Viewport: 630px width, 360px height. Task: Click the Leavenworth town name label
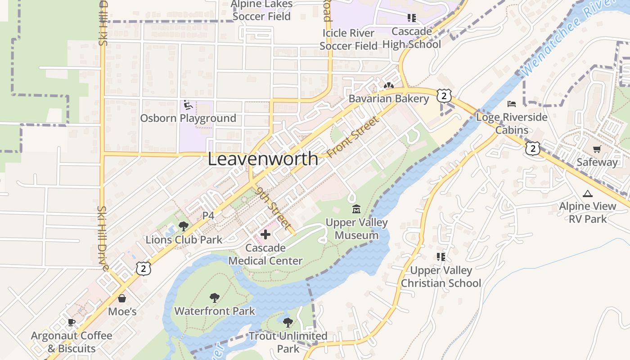(x=263, y=159)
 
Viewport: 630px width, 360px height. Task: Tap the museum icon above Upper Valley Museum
(x=356, y=209)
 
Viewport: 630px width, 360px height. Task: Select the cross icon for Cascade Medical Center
(x=265, y=234)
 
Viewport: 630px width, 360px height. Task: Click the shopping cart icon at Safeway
(x=597, y=149)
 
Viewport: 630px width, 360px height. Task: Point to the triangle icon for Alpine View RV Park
(x=587, y=193)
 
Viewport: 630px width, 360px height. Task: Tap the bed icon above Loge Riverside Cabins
(x=512, y=104)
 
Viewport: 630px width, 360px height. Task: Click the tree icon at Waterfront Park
(x=214, y=297)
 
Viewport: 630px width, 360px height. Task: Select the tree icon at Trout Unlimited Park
(x=288, y=322)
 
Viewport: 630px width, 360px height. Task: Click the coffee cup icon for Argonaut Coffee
(x=71, y=322)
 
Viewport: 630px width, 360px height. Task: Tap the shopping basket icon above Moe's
(x=122, y=298)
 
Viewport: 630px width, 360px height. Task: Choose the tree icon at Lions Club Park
(x=183, y=226)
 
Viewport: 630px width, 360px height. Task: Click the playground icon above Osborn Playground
(x=188, y=105)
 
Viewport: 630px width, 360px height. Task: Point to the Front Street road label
(x=354, y=136)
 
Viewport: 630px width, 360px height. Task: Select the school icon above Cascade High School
(x=411, y=18)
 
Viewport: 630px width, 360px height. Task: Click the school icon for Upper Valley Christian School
(x=441, y=257)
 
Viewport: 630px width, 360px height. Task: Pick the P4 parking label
(x=208, y=216)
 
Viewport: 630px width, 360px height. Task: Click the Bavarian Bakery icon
(x=389, y=85)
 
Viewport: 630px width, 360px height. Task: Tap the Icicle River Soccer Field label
(x=348, y=39)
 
